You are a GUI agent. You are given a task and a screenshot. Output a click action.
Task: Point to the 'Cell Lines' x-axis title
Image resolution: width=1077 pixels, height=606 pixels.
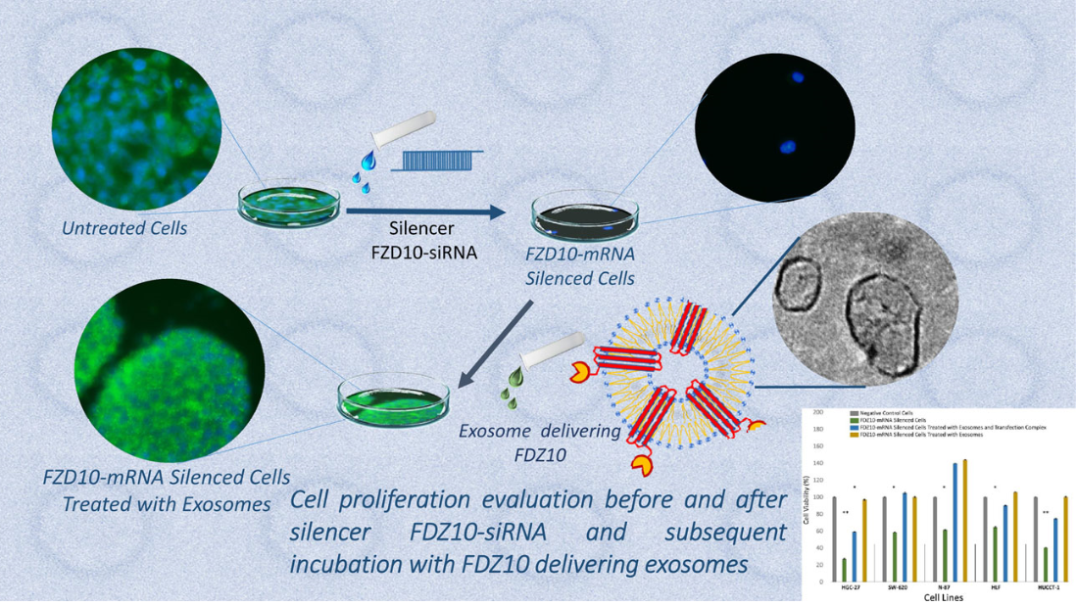tap(944, 598)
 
